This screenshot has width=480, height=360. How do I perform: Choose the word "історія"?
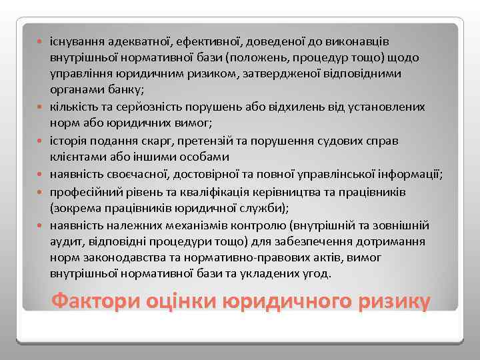click(67, 141)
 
